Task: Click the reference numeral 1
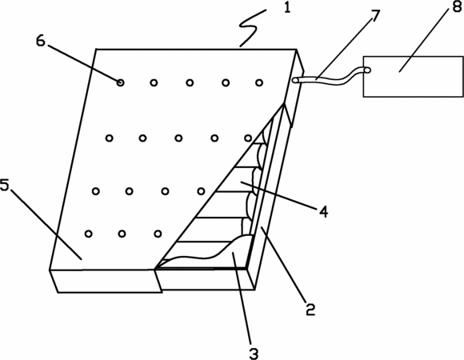[287, 7]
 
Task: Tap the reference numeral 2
[310, 309]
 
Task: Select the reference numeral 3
[254, 353]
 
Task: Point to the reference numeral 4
[323, 211]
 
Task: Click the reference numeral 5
[5, 185]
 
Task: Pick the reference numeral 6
[41, 41]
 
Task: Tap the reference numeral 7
[374, 16]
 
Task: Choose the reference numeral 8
[457, 6]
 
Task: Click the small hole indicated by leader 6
[120, 82]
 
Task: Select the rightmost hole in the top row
[259, 83]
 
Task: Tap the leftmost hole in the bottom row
[89, 234]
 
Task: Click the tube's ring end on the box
[367, 70]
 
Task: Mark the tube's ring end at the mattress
[295, 80]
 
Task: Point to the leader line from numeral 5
[46, 224]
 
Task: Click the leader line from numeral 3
[242, 298]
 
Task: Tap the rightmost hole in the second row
[248, 138]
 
